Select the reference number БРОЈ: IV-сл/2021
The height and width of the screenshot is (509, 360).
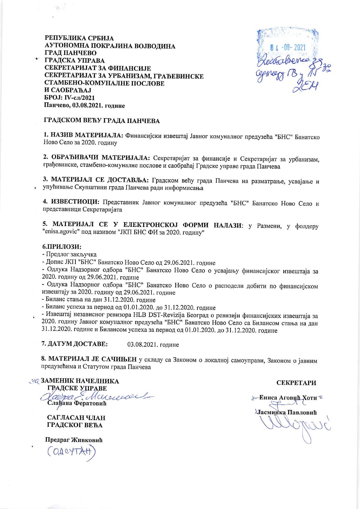(x=69, y=98)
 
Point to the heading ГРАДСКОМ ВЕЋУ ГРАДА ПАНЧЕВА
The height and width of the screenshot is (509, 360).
(x=102, y=121)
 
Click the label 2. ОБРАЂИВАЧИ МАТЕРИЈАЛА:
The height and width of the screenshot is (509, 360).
(x=96, y=158)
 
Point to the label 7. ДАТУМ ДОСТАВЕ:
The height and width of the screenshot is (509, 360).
(x=75, y=344)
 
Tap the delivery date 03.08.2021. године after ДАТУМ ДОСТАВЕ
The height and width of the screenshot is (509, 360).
(x=153, y=345)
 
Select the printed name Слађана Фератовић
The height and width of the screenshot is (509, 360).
(x=77, y=404)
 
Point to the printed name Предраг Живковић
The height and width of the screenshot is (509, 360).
(x=74, y=440)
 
